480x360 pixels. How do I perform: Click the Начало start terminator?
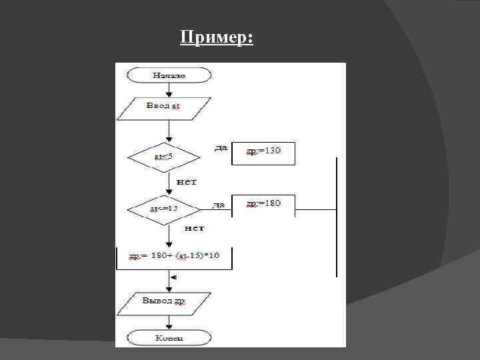pos(169,75)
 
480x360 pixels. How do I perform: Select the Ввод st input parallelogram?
pos(164,108)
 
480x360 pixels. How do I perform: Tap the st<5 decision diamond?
pos(164,158)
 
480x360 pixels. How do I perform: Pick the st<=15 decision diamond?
pos(164,209)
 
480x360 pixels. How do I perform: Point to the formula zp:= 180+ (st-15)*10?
pos(175,257)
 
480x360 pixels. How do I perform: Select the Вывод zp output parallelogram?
pos(164,303)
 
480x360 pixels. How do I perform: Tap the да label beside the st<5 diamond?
pos(221,147)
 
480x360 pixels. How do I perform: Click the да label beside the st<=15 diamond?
pos(218,205)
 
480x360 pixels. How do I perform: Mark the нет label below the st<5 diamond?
pos(186,181)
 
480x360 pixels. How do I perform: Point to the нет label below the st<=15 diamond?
pos(194,228)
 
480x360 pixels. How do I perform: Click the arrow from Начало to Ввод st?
pos(169,90)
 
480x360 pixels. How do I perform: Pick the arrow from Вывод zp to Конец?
pos(169,322)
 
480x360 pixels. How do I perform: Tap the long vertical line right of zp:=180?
pos(337,217)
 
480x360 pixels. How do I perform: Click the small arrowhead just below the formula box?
pos(173,277)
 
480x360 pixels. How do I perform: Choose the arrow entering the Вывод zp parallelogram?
pos(169,285)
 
